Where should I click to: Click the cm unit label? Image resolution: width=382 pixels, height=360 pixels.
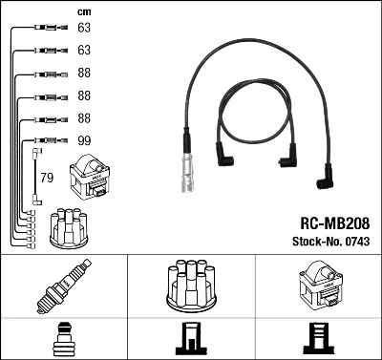[x=83, y=11]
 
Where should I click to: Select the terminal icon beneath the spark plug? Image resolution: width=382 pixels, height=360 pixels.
[x=63, y=339]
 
